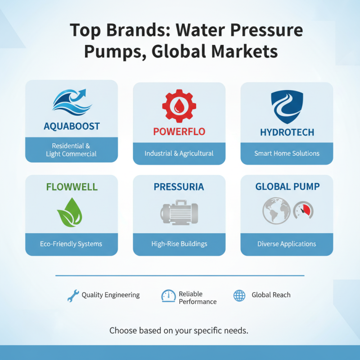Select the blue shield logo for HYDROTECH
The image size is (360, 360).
(287, 106)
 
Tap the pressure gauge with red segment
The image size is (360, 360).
(303, 210)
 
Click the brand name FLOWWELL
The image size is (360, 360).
(72, 186)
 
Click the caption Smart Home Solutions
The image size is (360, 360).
(287, 153)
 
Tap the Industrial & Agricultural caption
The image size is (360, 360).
(179, 153)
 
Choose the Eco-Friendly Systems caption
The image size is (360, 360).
(71, 244)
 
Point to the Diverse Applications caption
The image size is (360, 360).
(287, 244)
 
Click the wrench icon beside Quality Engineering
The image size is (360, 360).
(72, 295)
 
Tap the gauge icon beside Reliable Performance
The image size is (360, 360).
(168, 296)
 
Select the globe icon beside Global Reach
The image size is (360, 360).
(239, 295)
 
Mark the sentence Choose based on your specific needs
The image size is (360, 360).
(179, 330)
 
